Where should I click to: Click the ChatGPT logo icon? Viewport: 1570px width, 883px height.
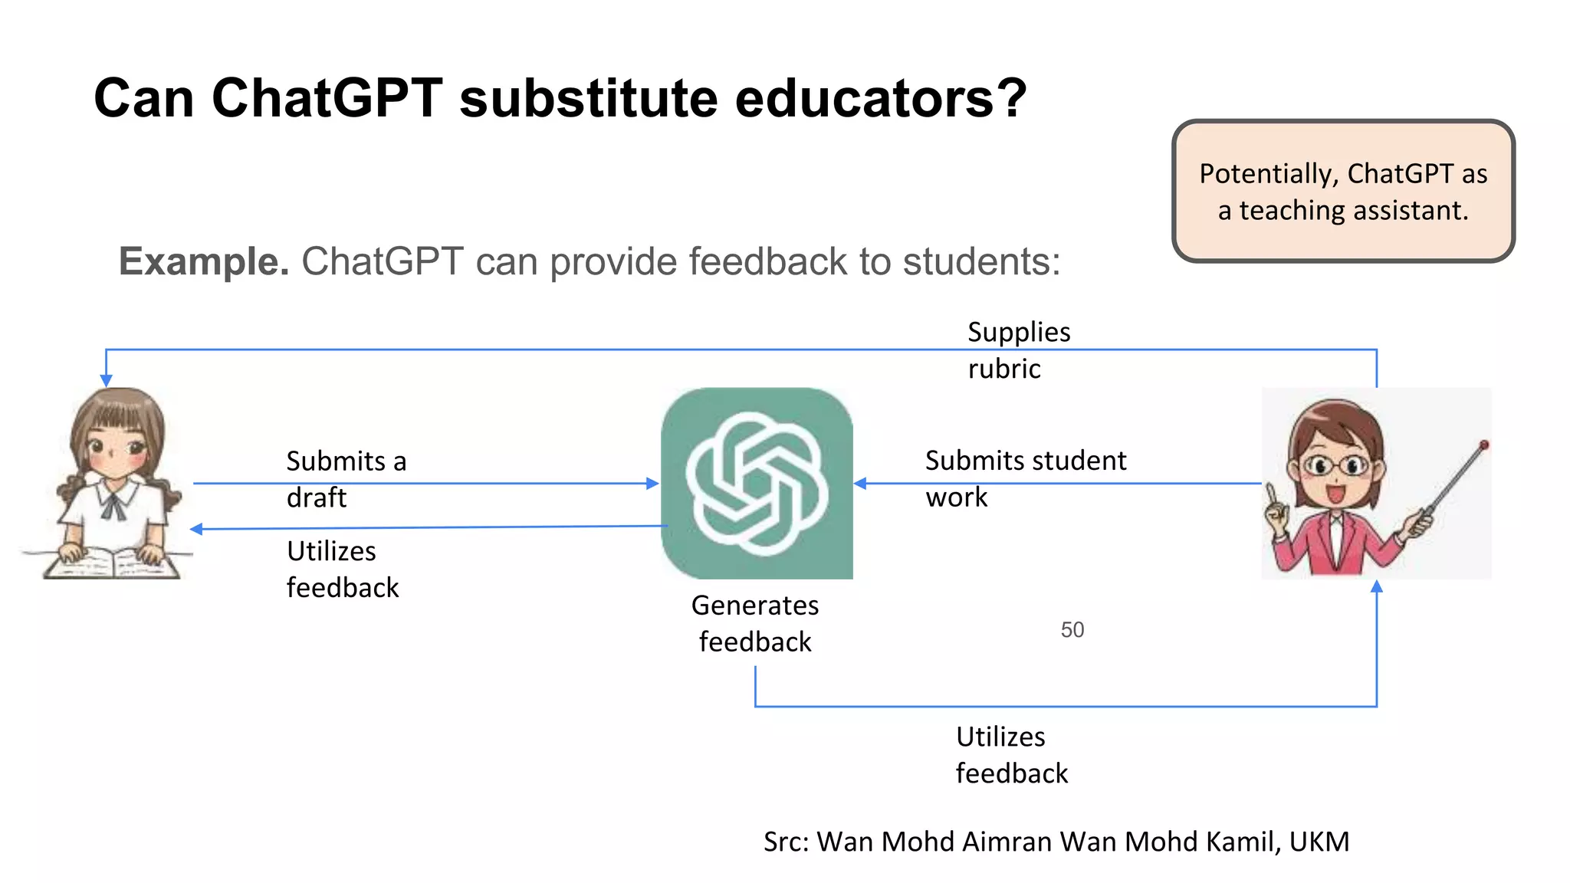[757, 483]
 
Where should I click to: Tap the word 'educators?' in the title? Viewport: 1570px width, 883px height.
[880, 98]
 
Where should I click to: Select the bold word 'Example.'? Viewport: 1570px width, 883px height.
[204, 261]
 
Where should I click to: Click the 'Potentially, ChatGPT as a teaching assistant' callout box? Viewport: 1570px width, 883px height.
[1343, 191]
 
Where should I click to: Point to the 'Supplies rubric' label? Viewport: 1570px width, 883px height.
[1018, 350]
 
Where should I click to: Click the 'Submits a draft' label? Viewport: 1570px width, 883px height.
[346, 479]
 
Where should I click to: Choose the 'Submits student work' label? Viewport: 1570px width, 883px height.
[1025, 478]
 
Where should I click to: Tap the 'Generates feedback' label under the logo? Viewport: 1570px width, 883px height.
[755, 623]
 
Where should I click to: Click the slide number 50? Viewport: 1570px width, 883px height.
[1072, 630]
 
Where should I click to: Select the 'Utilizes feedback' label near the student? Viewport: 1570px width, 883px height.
[342, 569]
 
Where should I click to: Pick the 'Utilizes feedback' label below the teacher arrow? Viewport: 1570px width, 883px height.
[1011, 755]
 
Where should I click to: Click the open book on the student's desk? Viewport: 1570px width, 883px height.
[112, 563]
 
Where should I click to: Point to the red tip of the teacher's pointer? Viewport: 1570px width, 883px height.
[1484, 445]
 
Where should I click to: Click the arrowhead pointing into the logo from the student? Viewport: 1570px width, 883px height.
[652, 484]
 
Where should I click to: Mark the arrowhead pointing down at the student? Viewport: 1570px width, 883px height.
[107, 380]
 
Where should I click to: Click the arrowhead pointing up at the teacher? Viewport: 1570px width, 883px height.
[1377, 586]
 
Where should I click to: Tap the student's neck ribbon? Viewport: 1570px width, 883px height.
[115, 506]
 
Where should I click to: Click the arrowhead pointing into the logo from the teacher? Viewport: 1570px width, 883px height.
[861, 484]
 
